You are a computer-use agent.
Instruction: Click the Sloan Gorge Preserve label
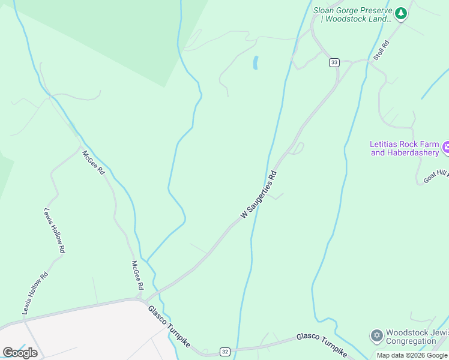coord(352,14)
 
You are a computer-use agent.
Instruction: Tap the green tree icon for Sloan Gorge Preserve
coord(401,13)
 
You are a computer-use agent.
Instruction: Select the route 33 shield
coord(334,62)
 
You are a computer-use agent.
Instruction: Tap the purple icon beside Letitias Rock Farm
coord(445,148)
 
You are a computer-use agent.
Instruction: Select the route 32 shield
coord(224,351)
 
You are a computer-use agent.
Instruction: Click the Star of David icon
coord(376,335)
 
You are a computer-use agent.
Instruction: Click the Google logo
coord(20,353)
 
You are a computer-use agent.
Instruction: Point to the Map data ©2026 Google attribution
coord(412,355)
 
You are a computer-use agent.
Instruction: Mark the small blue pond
coord(256,62)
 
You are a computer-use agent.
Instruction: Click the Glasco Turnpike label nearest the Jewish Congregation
coord(321,344)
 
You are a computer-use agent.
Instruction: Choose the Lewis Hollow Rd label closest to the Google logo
coord(35,294)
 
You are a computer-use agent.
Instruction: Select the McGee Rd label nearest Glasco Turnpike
coord(137,275)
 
